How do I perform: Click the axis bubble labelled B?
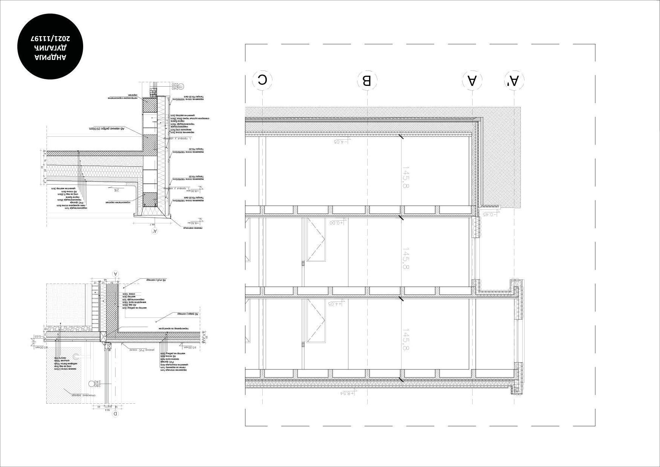367,80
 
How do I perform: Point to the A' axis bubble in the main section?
514,80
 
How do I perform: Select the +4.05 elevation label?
336,303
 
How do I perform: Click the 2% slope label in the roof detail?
116,190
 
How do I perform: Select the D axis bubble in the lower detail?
116,414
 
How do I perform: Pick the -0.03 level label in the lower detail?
38,336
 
